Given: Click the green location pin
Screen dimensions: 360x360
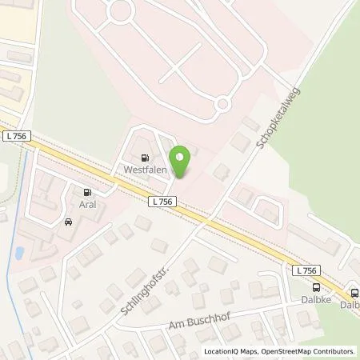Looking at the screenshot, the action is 182,161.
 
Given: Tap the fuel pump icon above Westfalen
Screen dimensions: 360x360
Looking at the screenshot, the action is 143,158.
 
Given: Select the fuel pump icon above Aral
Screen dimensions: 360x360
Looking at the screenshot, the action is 86,192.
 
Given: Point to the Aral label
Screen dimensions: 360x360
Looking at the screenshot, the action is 86,204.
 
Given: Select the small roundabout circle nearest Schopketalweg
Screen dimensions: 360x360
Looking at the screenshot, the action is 222,105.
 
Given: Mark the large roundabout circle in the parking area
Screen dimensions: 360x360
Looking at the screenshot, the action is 122,11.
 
